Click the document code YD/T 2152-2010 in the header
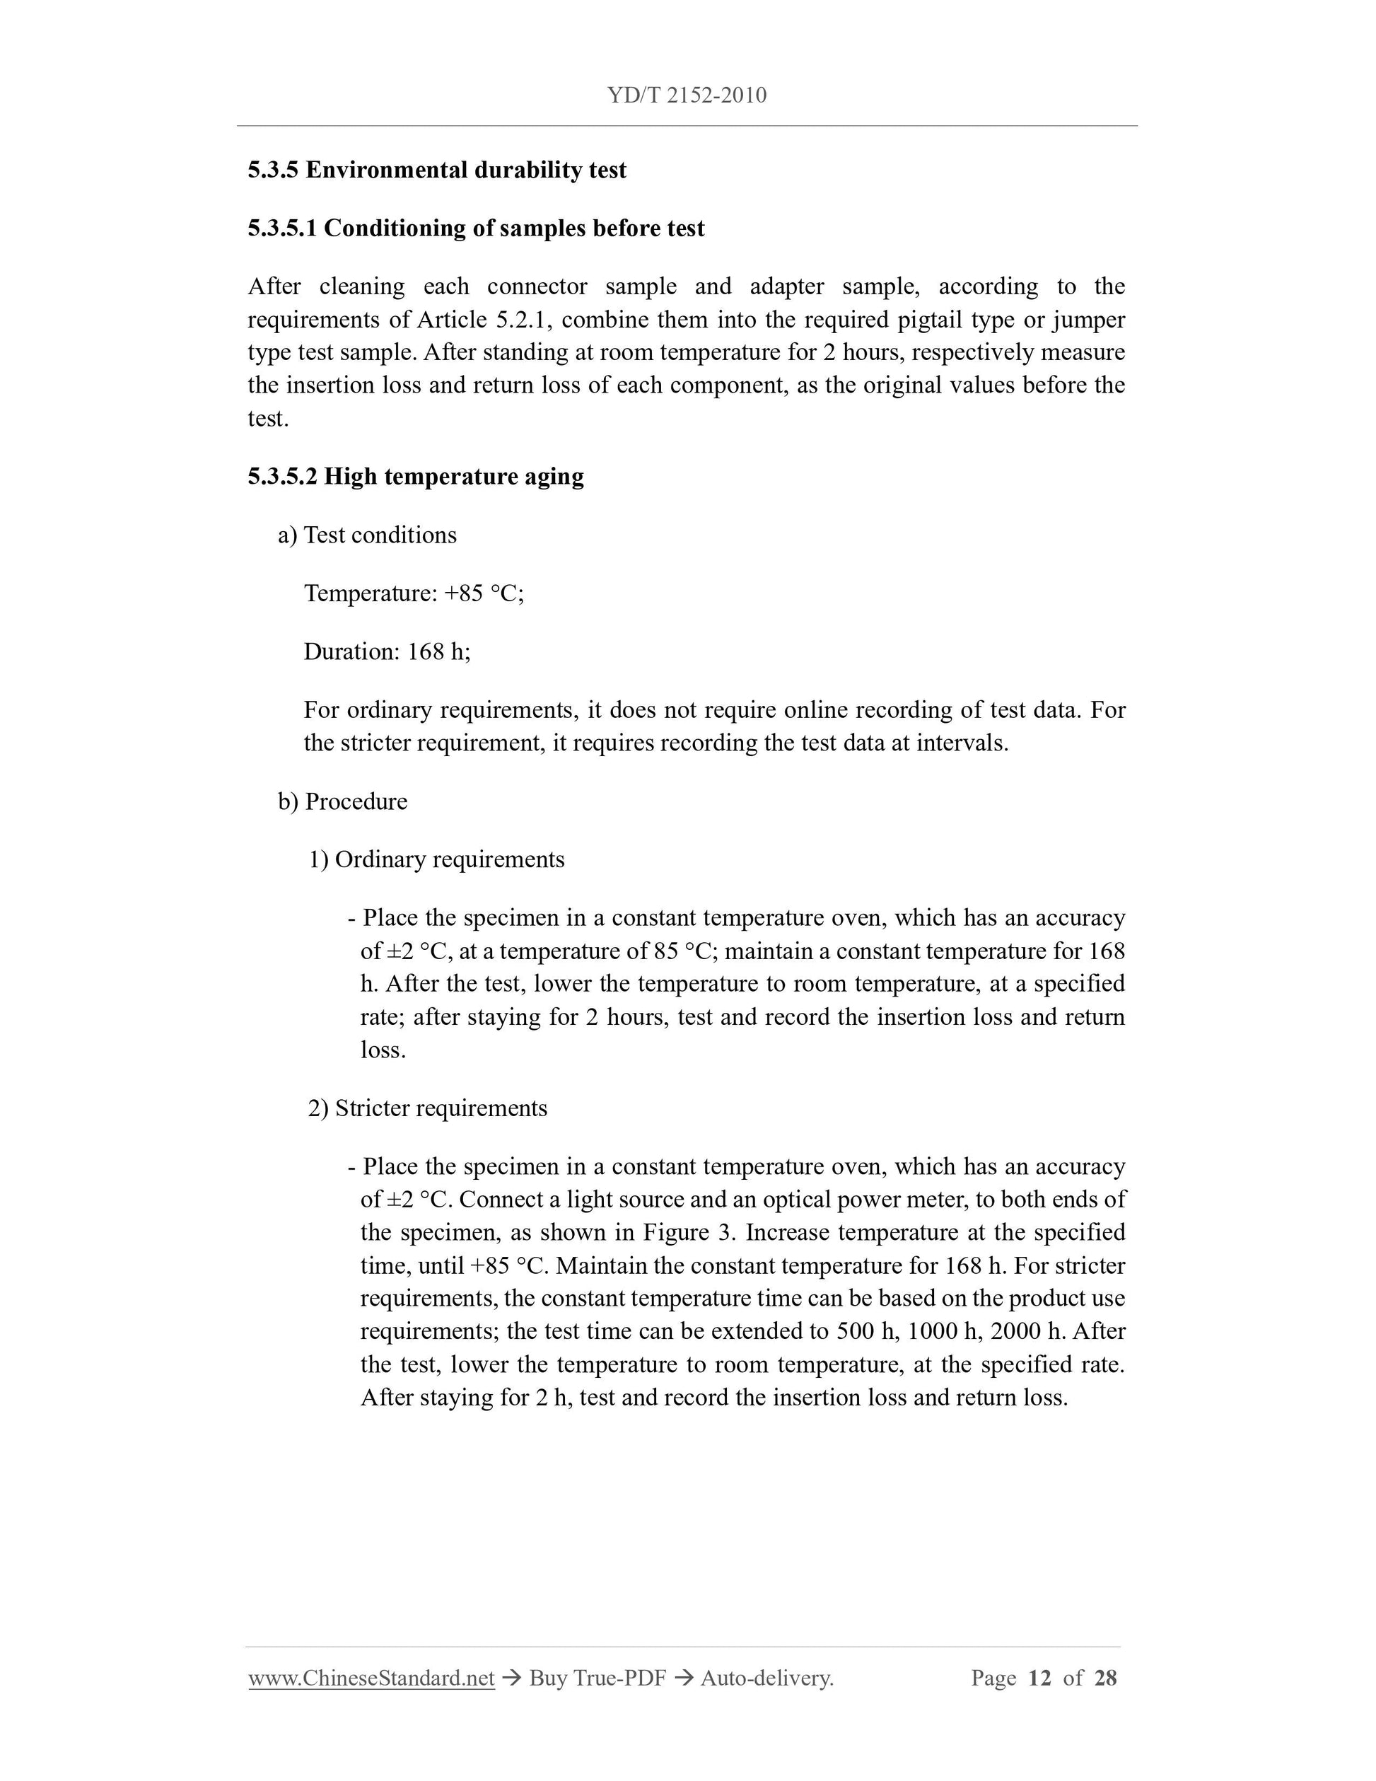[687, 95]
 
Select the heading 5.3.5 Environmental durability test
[437, 170]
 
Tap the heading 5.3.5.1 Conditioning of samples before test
[476, 228]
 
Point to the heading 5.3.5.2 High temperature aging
[416, 476]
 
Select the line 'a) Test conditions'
[367, 535]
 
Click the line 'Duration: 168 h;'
[387, 651]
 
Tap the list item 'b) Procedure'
[342, 801]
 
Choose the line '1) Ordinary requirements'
[436, 859]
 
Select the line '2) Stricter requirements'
[427, 1108]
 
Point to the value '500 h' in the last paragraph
[866, 1332]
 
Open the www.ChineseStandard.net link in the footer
[372, 1678]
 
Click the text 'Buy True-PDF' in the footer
[597, 1678]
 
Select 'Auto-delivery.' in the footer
[766, 1678]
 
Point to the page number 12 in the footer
[1039, 1678]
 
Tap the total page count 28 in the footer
[1105, 1678]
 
